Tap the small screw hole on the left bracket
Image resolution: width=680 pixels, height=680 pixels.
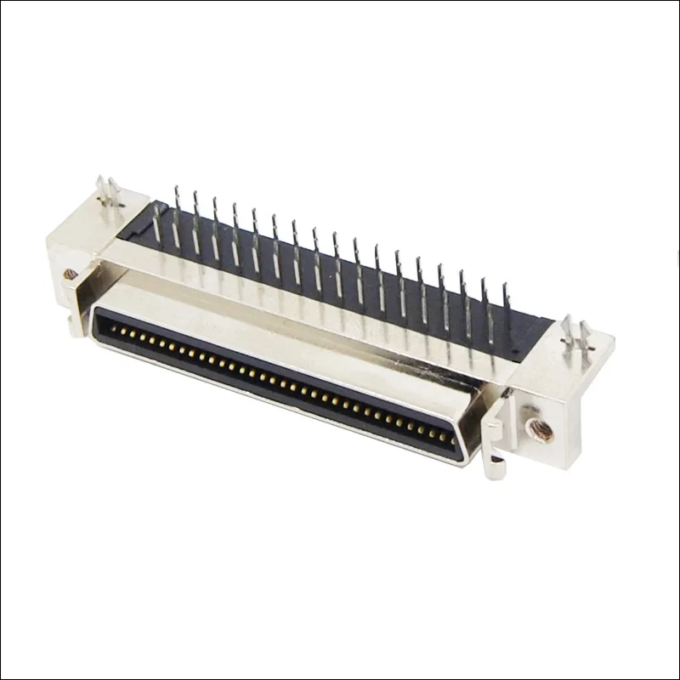(x=71, y=274)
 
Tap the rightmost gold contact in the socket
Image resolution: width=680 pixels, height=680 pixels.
(x=450, y=438)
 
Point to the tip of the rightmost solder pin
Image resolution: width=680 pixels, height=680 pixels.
(x=505, y=287)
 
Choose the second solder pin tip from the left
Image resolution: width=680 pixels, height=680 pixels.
(x=195, y=194)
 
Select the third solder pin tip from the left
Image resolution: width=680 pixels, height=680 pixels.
(x=214, y=200)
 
